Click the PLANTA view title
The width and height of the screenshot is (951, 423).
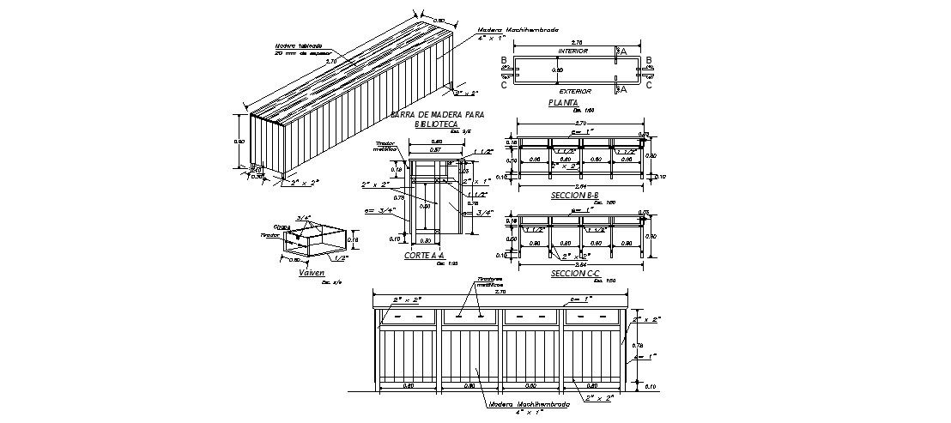coord(563,103)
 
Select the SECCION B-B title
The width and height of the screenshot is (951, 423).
coord(574,196)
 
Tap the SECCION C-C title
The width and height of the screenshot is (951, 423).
coord(574,273)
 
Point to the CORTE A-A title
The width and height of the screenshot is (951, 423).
coord(424,256)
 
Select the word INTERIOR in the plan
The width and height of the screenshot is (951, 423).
coord(572,51)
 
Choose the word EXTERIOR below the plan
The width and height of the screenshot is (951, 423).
coord(574,90)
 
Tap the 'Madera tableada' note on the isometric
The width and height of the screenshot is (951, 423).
coord(298,46)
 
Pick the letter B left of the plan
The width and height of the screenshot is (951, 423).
coord(504,60)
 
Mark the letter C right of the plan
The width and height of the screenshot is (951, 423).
coord(649,85)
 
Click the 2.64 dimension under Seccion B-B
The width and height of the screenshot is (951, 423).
coord(580,185)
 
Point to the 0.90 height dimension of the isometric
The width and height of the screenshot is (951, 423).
coord(239,142)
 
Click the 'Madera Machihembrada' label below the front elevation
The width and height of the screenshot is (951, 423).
coord(529,403)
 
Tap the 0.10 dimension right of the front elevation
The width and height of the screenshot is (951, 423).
coord(649,387)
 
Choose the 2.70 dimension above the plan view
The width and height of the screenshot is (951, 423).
coord(577,41)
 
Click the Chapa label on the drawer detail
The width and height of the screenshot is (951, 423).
coord(281,227)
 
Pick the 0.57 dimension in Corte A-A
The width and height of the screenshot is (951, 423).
coord(436,149)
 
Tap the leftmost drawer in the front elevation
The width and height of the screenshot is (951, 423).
coord(408,317)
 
